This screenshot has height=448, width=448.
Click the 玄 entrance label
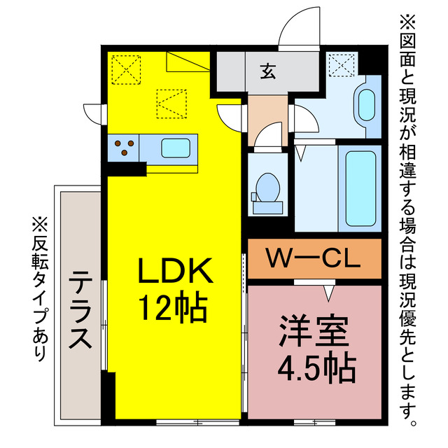[267, 70]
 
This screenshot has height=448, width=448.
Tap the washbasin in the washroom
[366, 104]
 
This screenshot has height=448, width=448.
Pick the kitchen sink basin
[173, 148]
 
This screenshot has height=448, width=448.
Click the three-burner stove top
[124, 148]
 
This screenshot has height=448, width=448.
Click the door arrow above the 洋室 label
[327, 288]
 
